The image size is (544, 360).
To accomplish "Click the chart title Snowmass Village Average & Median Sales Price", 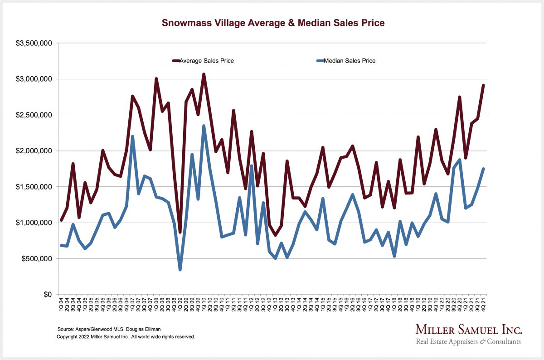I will coord(273,23).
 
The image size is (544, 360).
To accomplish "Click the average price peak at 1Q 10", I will coord(204,74).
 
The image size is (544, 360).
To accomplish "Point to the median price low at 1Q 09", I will coord(180,270).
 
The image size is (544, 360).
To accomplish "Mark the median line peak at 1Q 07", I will coord(132,136).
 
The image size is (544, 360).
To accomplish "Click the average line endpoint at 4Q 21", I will coord(483,85).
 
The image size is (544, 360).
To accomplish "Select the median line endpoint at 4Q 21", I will coord(483,169).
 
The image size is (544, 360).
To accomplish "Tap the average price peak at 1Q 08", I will coord(156,78).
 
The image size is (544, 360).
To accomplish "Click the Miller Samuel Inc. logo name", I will coord(469,329).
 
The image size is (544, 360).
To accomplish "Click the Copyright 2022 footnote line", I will coord(126,337).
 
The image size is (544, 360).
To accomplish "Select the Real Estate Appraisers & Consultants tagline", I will coord(468,341).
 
